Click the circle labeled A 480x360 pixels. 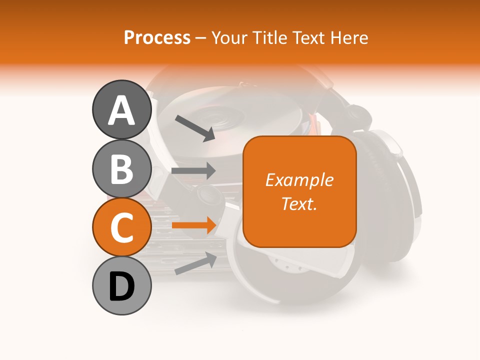pyautogui.click(x=121, y=110)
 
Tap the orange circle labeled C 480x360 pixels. pyautogui.click(x=121, y=227)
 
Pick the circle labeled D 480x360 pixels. pyautogui.click(x=121, y=286)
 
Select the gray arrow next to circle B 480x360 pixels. pyautogui.click(x=193, y=170)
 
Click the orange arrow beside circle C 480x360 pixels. pyautogui.click(x=193, y=225)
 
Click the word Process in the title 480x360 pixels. pyautogui.click(x=157, y=37)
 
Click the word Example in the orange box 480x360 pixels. pyautogui.click(x=299, y=180)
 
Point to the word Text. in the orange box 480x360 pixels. pyautogui.click(x=299, y=203)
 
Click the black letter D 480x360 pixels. pyautogui.click(x=121, y=286)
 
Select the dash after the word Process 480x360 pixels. pyautogui.click(x=200, y=38)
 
